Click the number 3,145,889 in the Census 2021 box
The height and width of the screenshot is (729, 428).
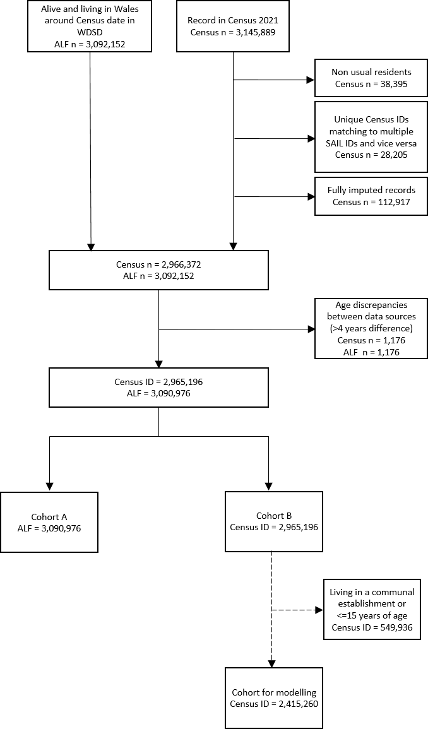coord(256,32)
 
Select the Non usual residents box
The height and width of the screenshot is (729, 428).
coord(371,78)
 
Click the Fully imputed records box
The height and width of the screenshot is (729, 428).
coord(371,196)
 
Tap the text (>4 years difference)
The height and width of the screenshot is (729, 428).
coord(371,329)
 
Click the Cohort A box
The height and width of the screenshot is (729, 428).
coord(49,522)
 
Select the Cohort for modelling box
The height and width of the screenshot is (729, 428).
coord(274,698)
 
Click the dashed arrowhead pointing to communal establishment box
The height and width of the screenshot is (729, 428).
coord(318,610)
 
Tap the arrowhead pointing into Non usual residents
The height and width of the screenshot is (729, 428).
coord(311,80)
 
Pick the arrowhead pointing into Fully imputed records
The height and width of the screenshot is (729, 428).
coord(311,197)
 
